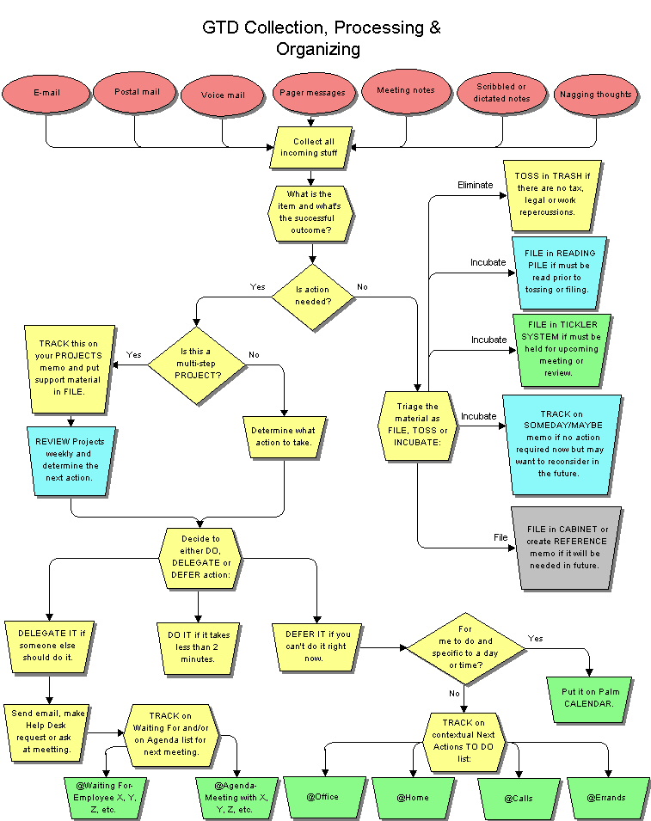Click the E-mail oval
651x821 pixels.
(46, 93)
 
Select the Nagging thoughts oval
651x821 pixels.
(595, 95)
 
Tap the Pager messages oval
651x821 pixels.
(313, 93)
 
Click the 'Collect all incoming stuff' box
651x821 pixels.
(310, 148)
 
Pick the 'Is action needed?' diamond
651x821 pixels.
(313, 297)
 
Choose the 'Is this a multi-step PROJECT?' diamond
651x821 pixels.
(197, 365)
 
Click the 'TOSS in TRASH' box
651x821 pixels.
(553, 195)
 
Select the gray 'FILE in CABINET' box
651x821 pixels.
(566, 548)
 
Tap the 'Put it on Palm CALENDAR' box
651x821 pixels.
(589, 699)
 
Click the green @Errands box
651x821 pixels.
(607, 798)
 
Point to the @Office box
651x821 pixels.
(324, 798)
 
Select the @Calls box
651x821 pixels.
(519, 799)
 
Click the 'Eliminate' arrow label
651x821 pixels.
(475, 185)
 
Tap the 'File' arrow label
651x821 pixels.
(501, 537)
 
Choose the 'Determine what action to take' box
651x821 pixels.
(284, 437)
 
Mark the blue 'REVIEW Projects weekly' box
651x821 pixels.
(71, 460)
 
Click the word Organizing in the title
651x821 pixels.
(318, 49)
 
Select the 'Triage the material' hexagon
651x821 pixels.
(418, 426)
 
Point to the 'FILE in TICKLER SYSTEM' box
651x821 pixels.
(562, 349)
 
